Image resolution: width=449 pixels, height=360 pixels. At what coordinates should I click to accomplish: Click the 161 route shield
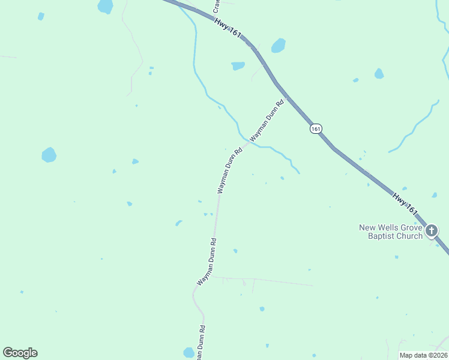(316, 128)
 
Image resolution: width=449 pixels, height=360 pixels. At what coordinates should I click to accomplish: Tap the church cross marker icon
(431, 231)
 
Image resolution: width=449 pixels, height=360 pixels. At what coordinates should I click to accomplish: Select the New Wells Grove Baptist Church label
(391, 232)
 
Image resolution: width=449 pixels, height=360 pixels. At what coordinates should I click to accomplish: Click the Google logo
(20, 352)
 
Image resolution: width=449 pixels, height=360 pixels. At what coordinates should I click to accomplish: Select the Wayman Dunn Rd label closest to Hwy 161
(266, 120)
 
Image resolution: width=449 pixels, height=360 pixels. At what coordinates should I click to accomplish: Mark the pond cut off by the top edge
(105, 6)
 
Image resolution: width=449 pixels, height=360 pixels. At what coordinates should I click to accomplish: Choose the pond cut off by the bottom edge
(188, 353)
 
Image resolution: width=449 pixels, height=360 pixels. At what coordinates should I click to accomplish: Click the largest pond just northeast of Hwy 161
(278, 46)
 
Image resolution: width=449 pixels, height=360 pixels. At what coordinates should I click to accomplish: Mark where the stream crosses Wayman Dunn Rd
(247, 142)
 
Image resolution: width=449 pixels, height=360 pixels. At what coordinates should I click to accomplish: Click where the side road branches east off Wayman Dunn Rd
(212, 277)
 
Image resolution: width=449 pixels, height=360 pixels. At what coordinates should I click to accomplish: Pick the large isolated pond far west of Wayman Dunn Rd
(49, 155)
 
